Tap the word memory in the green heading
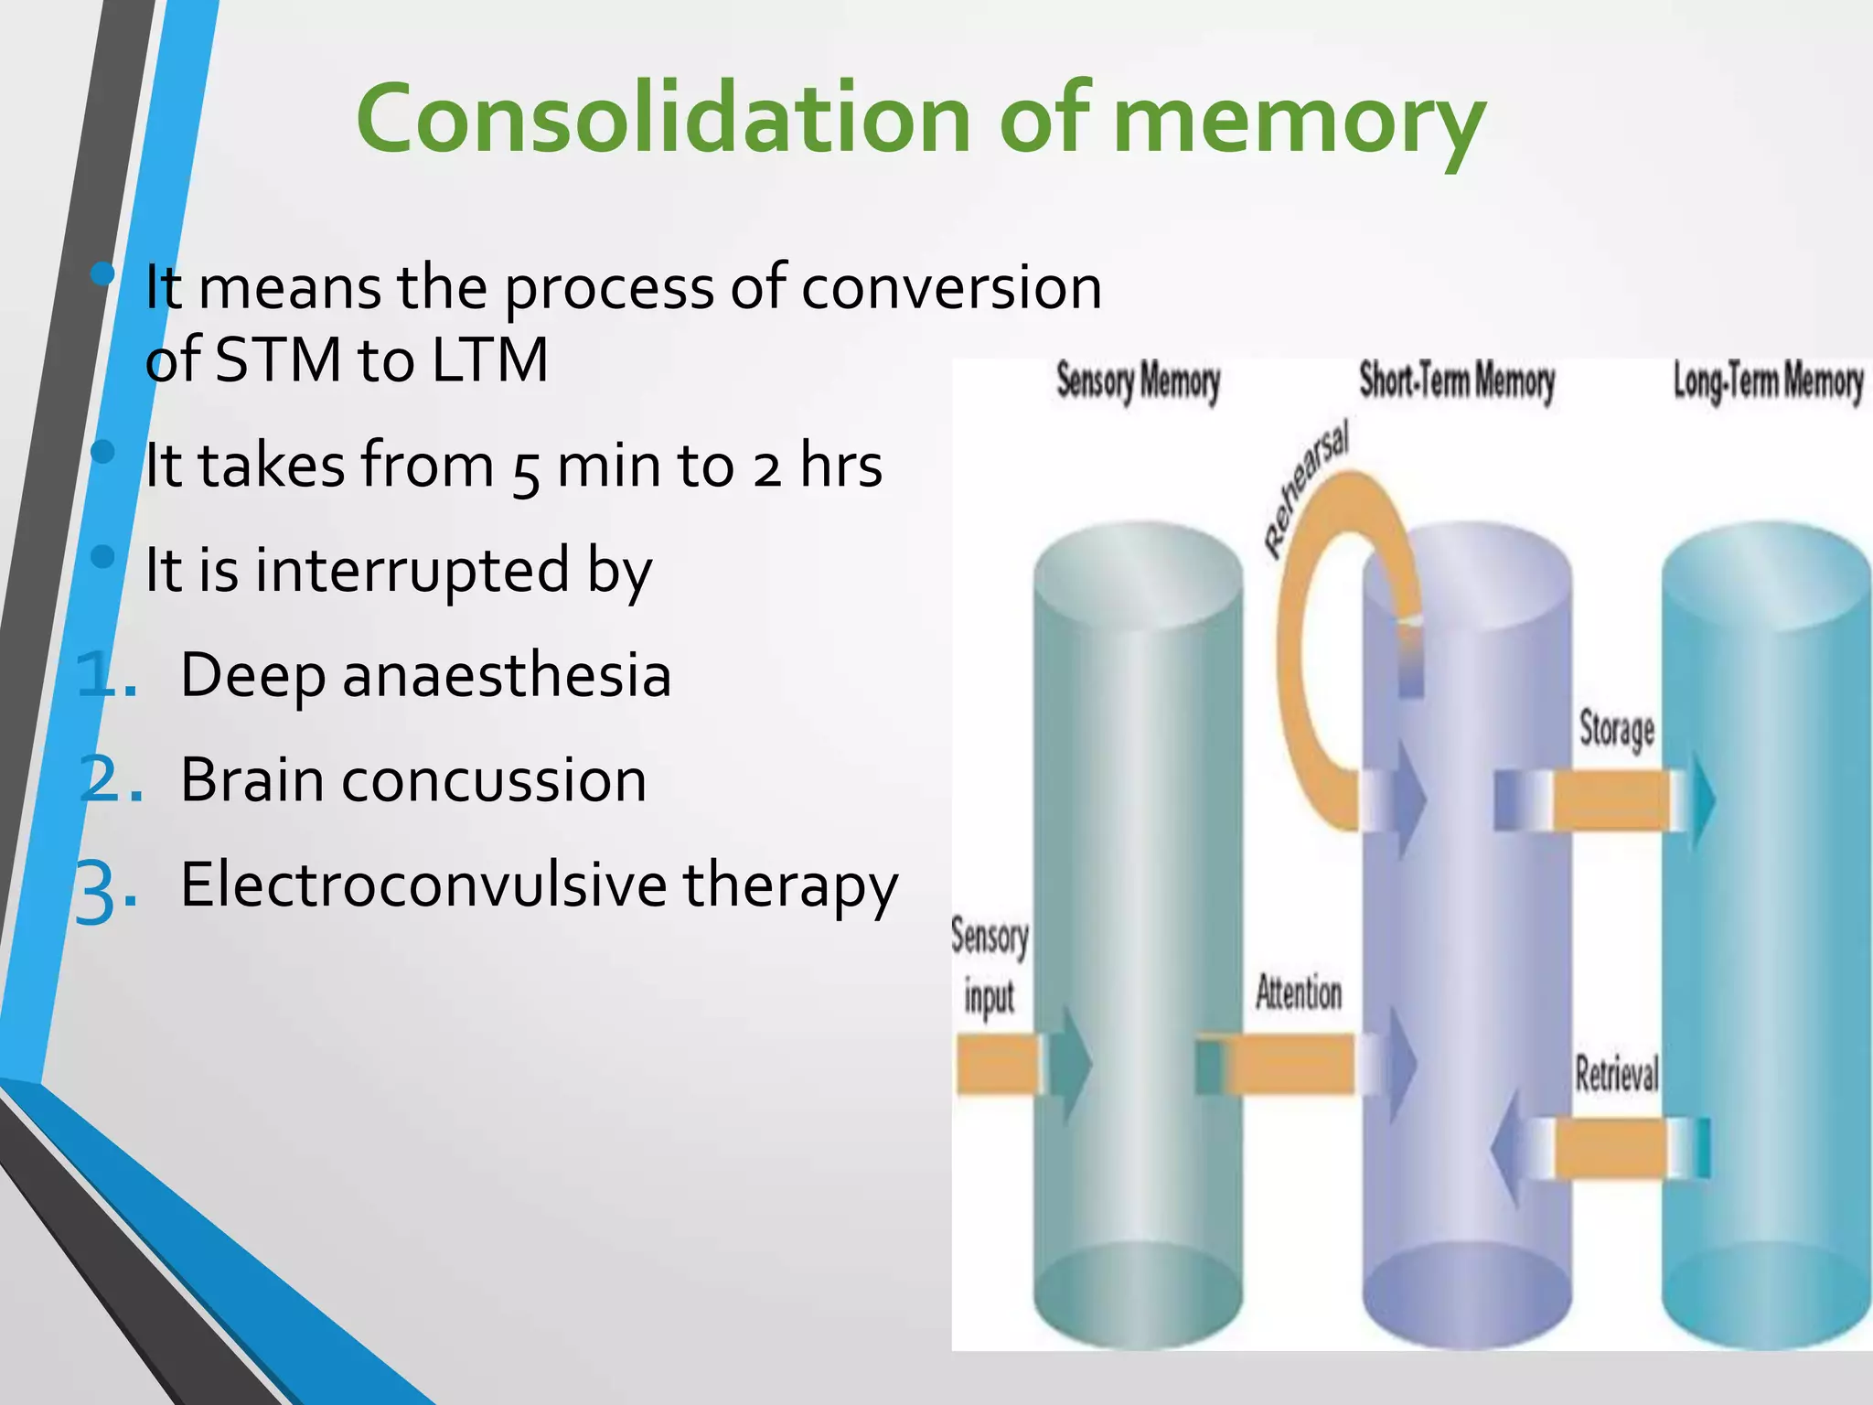click(x=1299, y=123)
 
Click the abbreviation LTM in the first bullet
click(x=489, y=359)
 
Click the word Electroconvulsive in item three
click(x=423, y=885)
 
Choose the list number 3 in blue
click(x=101, y=892)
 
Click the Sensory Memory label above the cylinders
click(x=1138, y=382)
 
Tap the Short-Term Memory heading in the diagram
click(x=1456, y=381)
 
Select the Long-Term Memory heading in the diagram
click(x=1767, y=382)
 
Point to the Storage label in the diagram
click(x=1617, y=730)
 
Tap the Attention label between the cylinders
click(x=1298, y=993)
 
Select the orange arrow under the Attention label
click(x=1290, y=1064)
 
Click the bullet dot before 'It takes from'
click(x=103, y=452)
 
